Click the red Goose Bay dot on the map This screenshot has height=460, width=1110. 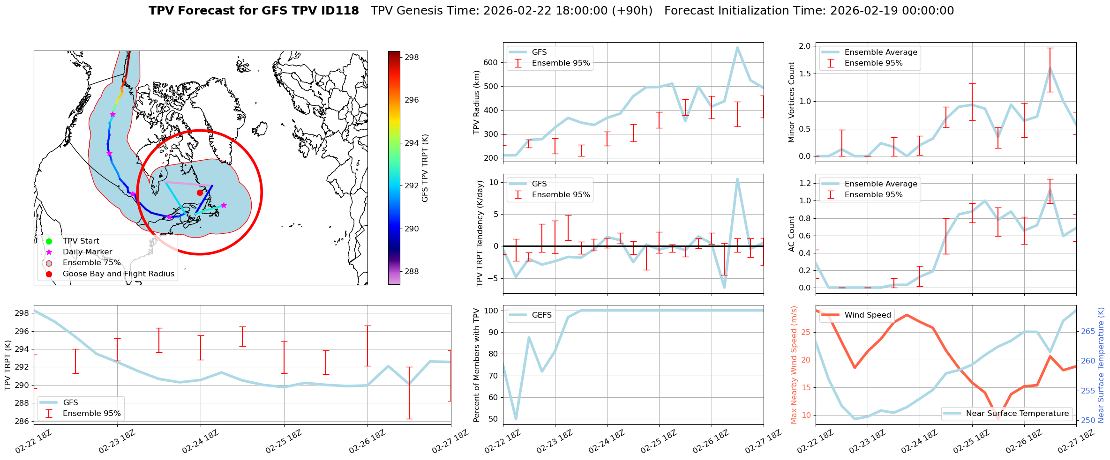pos(200,193)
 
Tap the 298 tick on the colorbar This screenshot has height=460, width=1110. pos(412,57)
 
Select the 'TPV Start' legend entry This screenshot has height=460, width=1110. pos(81,241)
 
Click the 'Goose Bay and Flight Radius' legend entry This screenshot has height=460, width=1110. pos(118,274)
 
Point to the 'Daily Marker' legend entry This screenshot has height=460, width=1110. pos(87,252)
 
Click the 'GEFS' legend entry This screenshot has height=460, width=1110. pos(541,315)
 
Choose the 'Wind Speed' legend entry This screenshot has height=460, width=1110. pos(867,315)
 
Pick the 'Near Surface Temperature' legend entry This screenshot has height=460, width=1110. pos(1017,414)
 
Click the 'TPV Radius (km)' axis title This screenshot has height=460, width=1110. pos(477,102)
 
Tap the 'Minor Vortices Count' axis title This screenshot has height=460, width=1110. pos(792,102)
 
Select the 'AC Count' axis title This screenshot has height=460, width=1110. pos(792,234)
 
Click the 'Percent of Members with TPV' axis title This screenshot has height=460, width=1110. pos(477,365)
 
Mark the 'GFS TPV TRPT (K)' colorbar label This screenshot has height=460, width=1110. pos(425,168)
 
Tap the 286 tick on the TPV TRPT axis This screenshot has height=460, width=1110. pos(22,421)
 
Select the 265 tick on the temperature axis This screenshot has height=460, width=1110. pos(1088,331)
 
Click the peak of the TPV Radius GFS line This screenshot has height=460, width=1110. pos(737,47)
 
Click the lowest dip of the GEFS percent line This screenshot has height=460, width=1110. pos(516,419)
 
